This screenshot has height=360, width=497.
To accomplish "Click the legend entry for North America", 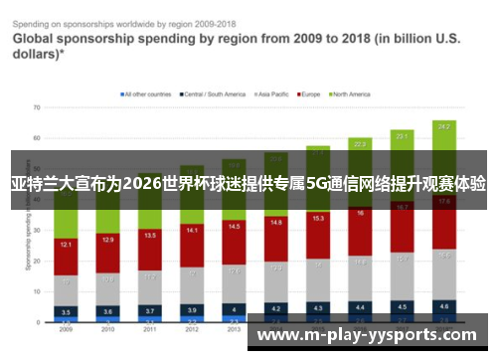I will click(350, 93).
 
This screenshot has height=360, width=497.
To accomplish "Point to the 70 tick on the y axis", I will click(36, 106).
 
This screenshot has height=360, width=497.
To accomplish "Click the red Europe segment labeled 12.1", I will click(66, 244).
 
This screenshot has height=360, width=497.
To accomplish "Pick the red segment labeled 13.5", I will click(150, 237).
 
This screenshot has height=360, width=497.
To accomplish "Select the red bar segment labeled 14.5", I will click(235, 228).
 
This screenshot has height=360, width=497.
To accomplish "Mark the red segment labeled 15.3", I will click(318, 218).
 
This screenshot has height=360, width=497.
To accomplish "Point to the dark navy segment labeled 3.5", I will click(66, 311).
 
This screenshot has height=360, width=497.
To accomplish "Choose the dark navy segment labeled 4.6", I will click(444, 306).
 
